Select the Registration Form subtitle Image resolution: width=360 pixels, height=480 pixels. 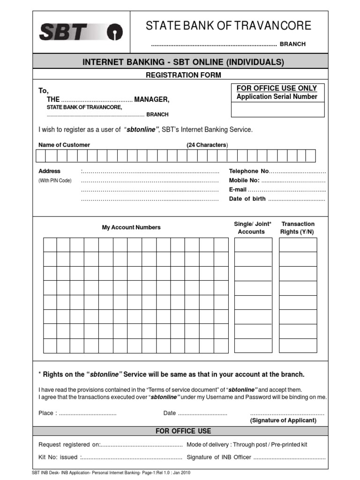(183, 75)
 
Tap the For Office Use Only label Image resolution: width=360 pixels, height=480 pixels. (277, 88)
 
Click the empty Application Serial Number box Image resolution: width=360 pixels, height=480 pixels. (277, 109)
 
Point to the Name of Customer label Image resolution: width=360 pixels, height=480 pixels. (64, 145)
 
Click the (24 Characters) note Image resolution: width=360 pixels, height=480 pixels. (207, 145)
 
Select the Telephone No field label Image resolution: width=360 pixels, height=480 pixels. (249, 172)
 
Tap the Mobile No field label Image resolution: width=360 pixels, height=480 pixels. (244, 180)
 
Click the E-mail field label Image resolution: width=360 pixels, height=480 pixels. (238, 189)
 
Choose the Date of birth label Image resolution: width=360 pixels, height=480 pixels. (247, 199)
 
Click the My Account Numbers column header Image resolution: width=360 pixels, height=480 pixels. (131, 227)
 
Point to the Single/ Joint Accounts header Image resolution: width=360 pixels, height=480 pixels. (252, 228)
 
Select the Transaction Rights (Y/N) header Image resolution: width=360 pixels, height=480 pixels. (298, 228)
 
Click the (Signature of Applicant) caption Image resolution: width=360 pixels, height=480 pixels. (283, 420)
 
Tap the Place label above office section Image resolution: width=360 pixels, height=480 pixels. (48, 413)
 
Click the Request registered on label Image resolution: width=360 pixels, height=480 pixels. (69, 444)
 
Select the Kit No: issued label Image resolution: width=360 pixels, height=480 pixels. (58, 457)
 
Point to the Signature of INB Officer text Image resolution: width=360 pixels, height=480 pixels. (218, 457)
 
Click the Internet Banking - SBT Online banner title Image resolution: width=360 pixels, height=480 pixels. (183, 62)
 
